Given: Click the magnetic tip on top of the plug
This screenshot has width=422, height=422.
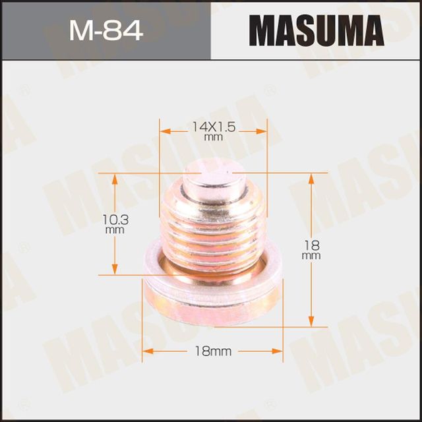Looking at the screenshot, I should point(212,182).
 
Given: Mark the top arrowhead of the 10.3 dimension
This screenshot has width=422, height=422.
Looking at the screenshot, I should point(116,179).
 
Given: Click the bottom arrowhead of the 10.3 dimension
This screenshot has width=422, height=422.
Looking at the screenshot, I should point(116,270).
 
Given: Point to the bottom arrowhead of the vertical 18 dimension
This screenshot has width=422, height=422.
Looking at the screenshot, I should point(311,322).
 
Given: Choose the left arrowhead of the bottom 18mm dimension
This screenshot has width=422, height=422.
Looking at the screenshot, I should point(148,351).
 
